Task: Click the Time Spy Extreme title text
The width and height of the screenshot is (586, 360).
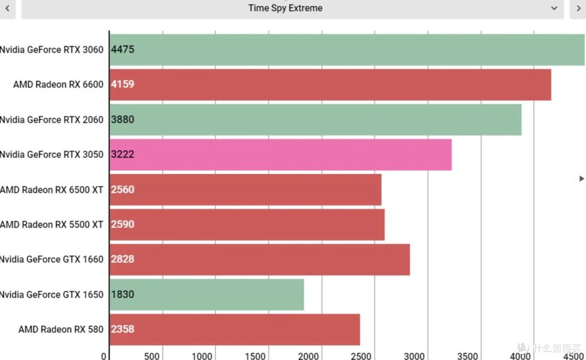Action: pyautogui.click(x=285, y=8)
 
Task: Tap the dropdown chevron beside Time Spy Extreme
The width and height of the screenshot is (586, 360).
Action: pyautogui.click(x=554, y=8)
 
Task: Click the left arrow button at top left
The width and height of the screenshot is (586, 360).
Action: pyautogui.click(x=7, y=8)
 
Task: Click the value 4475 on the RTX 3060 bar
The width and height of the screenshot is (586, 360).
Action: pyautogui.click(x=123, y=49)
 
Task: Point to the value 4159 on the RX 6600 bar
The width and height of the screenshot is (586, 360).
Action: pyautogui.click(x=123, y=85)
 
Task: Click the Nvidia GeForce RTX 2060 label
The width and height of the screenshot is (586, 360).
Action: pyautogui.click(x=52, y=120)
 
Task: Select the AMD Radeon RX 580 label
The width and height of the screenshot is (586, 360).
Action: pyautogui.click(x=61, y=329)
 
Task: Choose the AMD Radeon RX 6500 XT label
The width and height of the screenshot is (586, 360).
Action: pyautogui.click(x=52, y=190)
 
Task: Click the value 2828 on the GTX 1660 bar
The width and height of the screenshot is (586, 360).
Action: pyautogui.click(x=123, y=259)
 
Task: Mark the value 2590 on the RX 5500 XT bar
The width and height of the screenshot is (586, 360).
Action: pyautogui.click(x=123, y=224)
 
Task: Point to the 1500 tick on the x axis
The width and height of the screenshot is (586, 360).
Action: pyautogui.click(x=255, y=356)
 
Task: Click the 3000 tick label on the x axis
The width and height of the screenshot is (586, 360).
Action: pyautogui.click(x=414, y=356)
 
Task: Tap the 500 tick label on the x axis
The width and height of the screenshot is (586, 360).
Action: pyautogui.click(x=152, y=356)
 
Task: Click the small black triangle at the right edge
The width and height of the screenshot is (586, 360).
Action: pyautogui.click(x=582, y=178)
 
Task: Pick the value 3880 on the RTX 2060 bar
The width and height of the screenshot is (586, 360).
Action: pyautogui.click(x=123, y=120)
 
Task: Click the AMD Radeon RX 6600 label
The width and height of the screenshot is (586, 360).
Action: pyautogui.click(x=58, y=85)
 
